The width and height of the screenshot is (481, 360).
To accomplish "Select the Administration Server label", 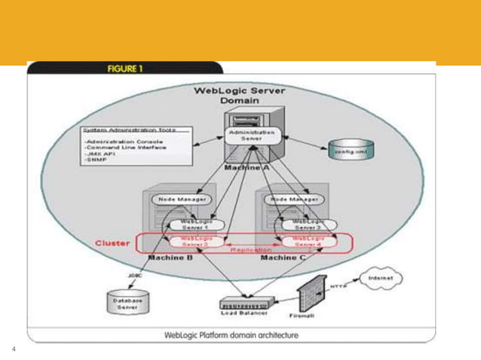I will [251, 136].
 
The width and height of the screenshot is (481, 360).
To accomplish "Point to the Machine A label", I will [247, 167].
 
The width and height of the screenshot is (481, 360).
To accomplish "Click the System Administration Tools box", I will [136, 145].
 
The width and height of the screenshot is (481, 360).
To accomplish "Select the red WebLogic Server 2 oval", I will [193, 241].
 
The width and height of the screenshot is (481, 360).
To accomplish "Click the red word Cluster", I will [113, 243].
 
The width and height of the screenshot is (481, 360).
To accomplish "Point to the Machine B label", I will [170, 258].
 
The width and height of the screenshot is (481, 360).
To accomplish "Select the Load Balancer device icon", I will [244, 305].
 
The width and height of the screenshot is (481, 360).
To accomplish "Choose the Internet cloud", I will [381, 278].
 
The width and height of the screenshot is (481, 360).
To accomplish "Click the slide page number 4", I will [14, 349].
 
